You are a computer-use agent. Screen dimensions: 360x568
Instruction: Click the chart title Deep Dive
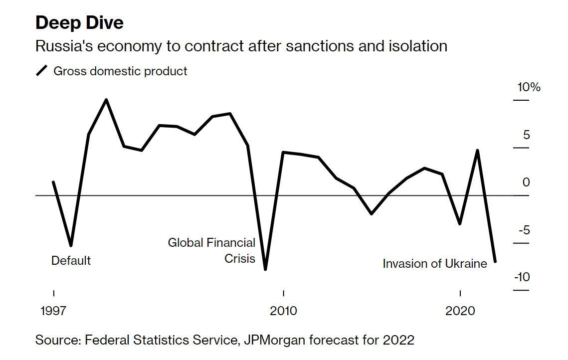(x=79, y=22)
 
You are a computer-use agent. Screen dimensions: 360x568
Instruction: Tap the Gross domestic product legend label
(x=120, y=71)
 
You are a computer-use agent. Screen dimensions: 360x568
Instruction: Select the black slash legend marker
(x=41, y=71)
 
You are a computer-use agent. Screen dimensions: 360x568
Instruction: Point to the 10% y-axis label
(x=529, y=87)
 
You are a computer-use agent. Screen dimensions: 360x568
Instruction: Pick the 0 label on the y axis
(x=526, y=182)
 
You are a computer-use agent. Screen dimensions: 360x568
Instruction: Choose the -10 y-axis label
(x=522, y=277)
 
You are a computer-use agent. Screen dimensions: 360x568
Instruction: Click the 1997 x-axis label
(x=53, y=311)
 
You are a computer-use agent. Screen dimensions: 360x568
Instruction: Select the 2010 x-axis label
(x=283, y=311)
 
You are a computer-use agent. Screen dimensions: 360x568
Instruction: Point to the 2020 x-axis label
(x=460, y=311)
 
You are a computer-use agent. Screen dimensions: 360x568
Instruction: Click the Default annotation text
(x=71, y=260)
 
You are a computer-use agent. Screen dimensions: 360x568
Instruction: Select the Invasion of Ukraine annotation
(x=435, y=263)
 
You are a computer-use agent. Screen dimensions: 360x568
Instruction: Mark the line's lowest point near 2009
(x=265, y=269)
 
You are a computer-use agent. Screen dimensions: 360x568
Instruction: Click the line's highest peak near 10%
(x=106, y=100)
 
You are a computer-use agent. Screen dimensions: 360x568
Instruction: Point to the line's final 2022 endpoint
(x=495, y=261)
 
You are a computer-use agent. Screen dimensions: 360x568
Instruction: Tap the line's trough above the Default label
(x=71, y=245)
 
